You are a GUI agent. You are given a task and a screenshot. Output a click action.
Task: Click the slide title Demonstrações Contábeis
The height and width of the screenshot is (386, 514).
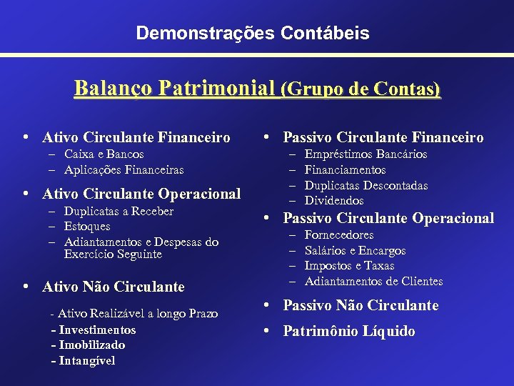(x=253, y=33)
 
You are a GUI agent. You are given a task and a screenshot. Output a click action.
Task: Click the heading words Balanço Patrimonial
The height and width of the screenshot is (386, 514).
(x=175, y=89)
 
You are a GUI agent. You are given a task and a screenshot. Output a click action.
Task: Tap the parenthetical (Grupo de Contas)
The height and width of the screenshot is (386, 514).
(x=361, y=89)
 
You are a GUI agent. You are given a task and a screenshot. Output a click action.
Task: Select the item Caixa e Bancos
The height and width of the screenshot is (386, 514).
(x=104, y=154)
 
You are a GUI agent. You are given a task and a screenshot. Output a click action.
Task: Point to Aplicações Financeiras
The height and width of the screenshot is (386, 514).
(x=124, y=170)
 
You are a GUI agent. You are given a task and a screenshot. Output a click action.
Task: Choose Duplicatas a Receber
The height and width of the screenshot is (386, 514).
(x=119, y=212)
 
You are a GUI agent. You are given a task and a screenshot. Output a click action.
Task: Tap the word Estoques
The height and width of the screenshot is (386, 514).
(x=87, y=227)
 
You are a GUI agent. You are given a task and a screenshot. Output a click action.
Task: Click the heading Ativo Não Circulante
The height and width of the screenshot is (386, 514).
(x=114, y=287)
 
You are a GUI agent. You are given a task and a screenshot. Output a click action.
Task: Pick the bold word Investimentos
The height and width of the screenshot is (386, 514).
(x=97, y=330)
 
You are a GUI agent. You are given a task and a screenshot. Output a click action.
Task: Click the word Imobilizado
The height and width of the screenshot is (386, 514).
(x=91, y=345)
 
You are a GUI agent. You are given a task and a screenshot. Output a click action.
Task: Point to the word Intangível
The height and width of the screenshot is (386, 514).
(x=86, y=360)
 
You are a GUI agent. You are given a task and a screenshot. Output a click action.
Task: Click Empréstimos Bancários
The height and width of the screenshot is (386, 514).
(x=366, y=154)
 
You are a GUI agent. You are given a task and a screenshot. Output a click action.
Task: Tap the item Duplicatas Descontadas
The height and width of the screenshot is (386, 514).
(x=366, y=186)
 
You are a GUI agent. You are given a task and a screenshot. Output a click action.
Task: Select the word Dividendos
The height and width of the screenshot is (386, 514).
(x=334, y=201)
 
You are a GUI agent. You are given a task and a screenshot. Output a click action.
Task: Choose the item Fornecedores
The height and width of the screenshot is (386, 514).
(x=339, y=235)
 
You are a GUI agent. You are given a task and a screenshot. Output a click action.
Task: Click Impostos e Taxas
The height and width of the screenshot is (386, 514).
(x=349, y=266)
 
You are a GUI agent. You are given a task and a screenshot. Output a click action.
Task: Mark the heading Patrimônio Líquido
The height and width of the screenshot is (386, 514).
(x=349, y=331)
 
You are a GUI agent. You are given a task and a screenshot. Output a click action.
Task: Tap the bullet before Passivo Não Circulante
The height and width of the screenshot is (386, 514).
(x=266, y=305)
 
